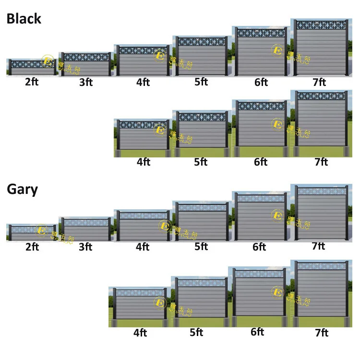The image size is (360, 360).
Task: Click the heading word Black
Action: pyautogui.click(x=24, y=19)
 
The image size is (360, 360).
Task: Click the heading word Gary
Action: pyautogui.click(x=22, y=189)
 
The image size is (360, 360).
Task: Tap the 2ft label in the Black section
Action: pyautogui.click(x=32, y=82)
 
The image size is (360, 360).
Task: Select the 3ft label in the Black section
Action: pyautogui.click(x=86, y=82)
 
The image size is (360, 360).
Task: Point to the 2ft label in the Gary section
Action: pyautogui.click(x=32, y=247)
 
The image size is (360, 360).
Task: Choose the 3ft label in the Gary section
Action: pyautogui.click(x=86, y=247)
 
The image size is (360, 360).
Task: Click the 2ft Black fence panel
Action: pyautogui.click(x=32, y=67)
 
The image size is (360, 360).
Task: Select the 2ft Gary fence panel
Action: pyautogui.click(x=32, y=232)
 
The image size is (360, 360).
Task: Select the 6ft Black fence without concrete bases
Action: pyautogui.click(x=261, y=52)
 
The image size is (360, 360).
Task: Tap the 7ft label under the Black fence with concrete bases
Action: pyautogui.click(x=321, y=162)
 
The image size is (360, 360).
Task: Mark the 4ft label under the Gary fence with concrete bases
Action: pyautogui.click(x=140, y=333)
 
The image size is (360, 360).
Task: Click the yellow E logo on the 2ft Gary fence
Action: pyautogui.click(x=41, y=231)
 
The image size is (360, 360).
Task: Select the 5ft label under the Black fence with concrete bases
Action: pyautogui.click(x=201, y=162)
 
